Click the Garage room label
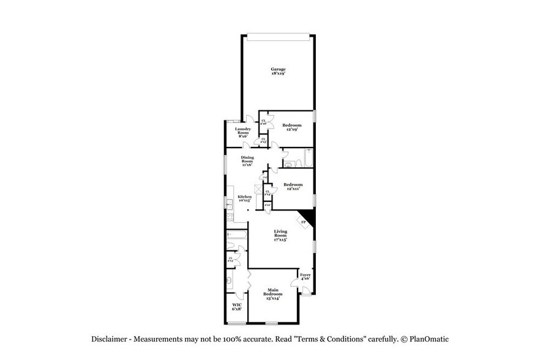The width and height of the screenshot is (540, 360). coord(279,71)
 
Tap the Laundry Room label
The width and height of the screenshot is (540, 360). coord(243,133)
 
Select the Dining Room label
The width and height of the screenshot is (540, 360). coord(247,161)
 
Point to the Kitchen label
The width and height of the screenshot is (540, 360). coord(245,198)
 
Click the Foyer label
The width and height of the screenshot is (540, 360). coord(305,277)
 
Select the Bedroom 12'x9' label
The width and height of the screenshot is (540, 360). coord(292,127)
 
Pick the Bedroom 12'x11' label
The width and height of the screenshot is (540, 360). coord(293,186)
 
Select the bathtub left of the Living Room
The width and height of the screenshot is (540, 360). coord(236,234)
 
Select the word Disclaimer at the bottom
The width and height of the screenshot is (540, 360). coord(109,339)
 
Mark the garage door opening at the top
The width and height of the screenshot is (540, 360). coord(279,36)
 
